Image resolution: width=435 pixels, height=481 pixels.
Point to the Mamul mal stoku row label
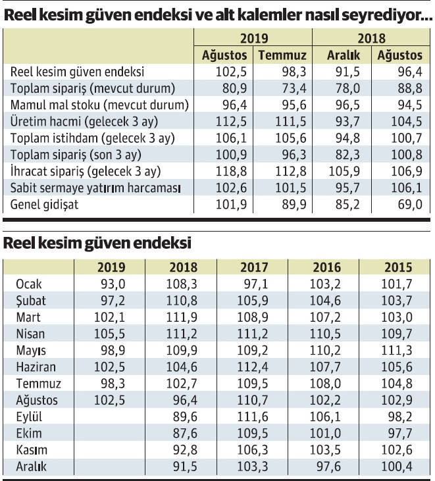point(99,105)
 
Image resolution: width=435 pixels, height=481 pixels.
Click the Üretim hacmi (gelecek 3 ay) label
point(85,122)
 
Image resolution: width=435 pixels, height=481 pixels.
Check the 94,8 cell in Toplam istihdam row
point(345,139)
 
